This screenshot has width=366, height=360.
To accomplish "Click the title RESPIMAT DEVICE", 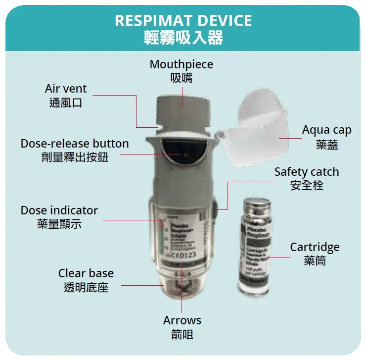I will tap(183, 21).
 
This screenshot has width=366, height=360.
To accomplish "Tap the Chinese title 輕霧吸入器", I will tap(183, 38).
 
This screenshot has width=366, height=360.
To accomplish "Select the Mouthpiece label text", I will tap(181, 64).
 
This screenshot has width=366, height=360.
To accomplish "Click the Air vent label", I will tap(66, 89).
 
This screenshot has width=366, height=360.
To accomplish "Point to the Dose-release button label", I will tap(75, 144).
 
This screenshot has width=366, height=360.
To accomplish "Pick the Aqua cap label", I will tap(326, 130).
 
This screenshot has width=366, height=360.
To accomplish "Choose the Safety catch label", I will tap(307, 172).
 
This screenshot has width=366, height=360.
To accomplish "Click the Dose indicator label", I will tap(59, 210).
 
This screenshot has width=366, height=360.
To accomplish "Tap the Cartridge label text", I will tap(315, 247).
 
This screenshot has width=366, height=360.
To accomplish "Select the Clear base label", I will tap(86, 273).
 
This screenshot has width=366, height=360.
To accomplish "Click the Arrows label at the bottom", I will tap(182, 320).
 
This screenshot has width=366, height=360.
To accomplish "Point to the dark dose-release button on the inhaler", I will tap(182, 154).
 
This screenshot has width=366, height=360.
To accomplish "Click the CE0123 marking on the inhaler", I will tap(183, 257).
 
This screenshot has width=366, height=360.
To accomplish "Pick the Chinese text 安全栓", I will tap(307, 186).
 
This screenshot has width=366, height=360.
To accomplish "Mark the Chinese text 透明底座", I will tap(86, 287).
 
